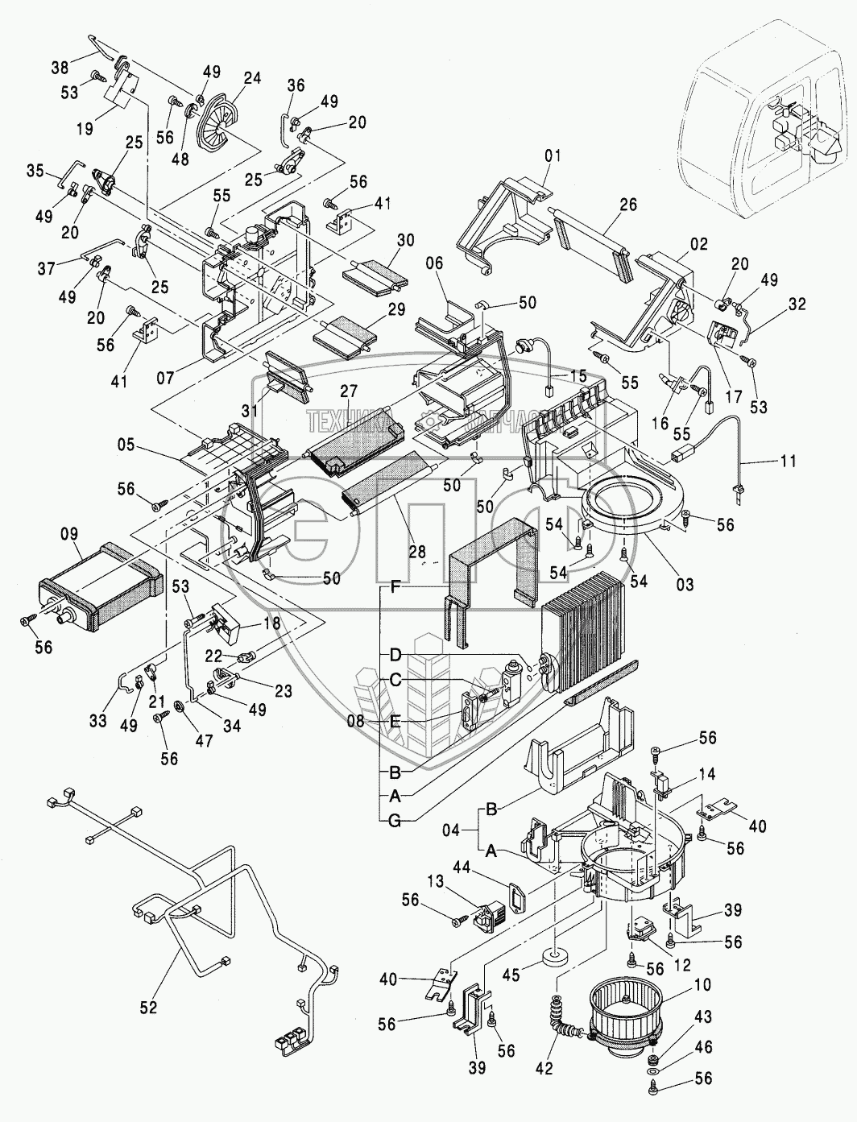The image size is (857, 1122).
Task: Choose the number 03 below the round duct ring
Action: pyautogui.click(x=684, y=583)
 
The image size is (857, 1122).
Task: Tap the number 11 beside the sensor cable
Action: pyautogui.click(x=788, y=462)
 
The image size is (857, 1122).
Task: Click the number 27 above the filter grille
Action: pyautogui.click(x=348, y=391)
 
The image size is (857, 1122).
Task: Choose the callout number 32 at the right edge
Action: pyautogui.click(x=797, y=304)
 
